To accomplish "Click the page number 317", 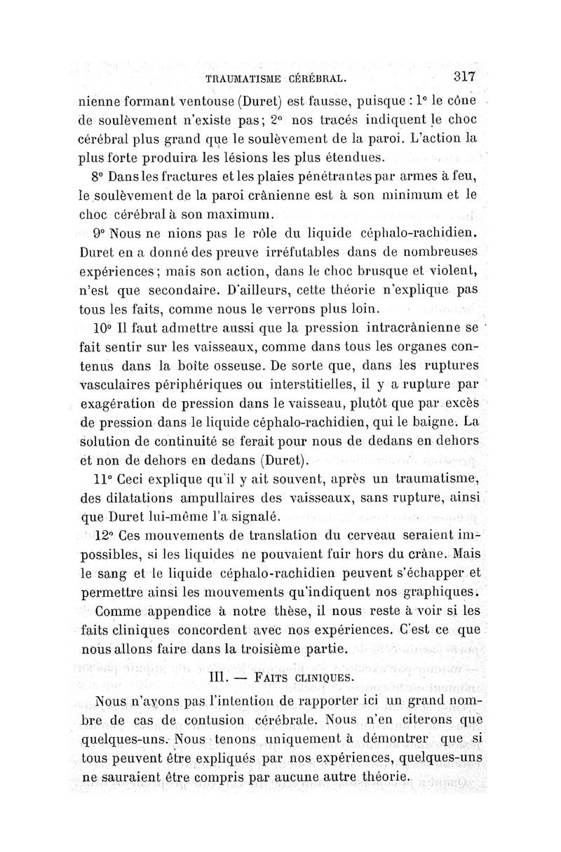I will [464, 76].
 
